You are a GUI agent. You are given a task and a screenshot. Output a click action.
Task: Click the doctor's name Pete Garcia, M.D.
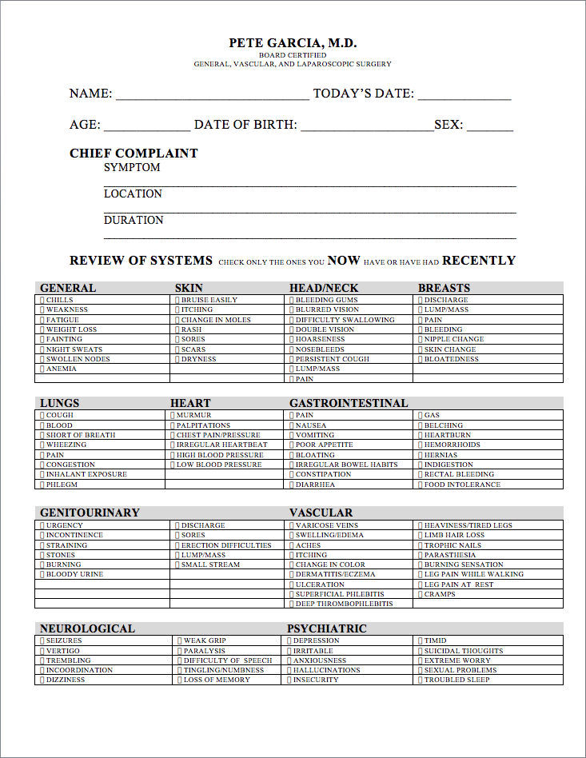coord(293,43)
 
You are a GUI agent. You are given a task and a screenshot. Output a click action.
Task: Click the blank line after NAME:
coord(213,95)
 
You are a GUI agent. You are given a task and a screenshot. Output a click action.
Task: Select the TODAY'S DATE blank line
coord(464,95)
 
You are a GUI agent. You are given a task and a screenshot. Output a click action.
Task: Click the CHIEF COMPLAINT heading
coord(134,154)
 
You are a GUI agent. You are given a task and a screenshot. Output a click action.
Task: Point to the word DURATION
coord(134,220)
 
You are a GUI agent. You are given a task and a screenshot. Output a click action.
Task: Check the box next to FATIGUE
coord(42,320)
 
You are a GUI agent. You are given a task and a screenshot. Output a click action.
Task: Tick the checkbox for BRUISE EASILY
coord(177,300)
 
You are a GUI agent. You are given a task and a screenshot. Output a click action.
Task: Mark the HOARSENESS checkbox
coord(292,339)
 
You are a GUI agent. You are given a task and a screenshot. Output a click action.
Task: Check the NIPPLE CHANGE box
coord(421,339)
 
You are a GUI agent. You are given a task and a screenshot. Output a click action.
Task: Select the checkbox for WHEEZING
coord(42,445)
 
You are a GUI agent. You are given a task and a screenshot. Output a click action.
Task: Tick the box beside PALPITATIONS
coord(173,425)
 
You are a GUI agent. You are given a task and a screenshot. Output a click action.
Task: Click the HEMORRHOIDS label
coord(452,445)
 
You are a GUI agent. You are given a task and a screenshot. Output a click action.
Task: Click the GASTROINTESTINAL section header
coord(349,403)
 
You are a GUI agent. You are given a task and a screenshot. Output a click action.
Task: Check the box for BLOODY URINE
coord(42,574)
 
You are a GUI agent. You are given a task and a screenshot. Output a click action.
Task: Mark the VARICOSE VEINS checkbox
coord(292,525)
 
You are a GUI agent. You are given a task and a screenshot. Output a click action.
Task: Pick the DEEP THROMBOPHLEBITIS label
coord(344,604)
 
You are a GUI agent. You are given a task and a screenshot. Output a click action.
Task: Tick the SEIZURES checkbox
coord(42,640)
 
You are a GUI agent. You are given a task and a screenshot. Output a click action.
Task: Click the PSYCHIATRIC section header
coord(327,628)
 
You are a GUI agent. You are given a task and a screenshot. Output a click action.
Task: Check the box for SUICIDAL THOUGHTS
coord(421,651)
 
